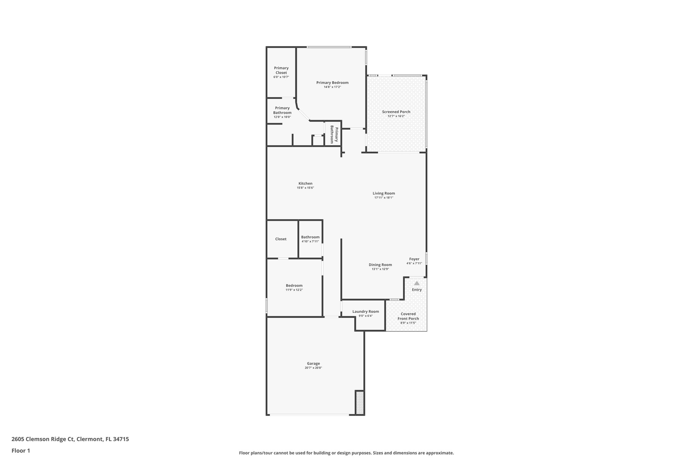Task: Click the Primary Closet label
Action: [x=281, y=70]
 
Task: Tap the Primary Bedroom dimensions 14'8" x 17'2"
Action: [x=332, y=87]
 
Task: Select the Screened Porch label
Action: [x=396, y=112]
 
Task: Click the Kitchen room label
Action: [x=305, y=183]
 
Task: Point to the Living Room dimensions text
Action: [x=384, y=198]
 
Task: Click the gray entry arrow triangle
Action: [x=417, y=283]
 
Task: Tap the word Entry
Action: [x=417, y=290]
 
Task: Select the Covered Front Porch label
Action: [x=408, y=316]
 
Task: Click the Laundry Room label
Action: [x=365, y=311]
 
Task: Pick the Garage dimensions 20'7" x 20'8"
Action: [x=313, y=368]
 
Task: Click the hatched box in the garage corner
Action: [x=360, y=402]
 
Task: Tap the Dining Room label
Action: [x=380, y=265]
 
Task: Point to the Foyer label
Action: [x=414, y=259]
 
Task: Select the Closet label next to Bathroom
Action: [x=281, y=239]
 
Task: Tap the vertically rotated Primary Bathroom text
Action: [x=334, y=134]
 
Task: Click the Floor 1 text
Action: [x=21, y=451]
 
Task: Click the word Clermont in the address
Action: [x=89, y=439]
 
